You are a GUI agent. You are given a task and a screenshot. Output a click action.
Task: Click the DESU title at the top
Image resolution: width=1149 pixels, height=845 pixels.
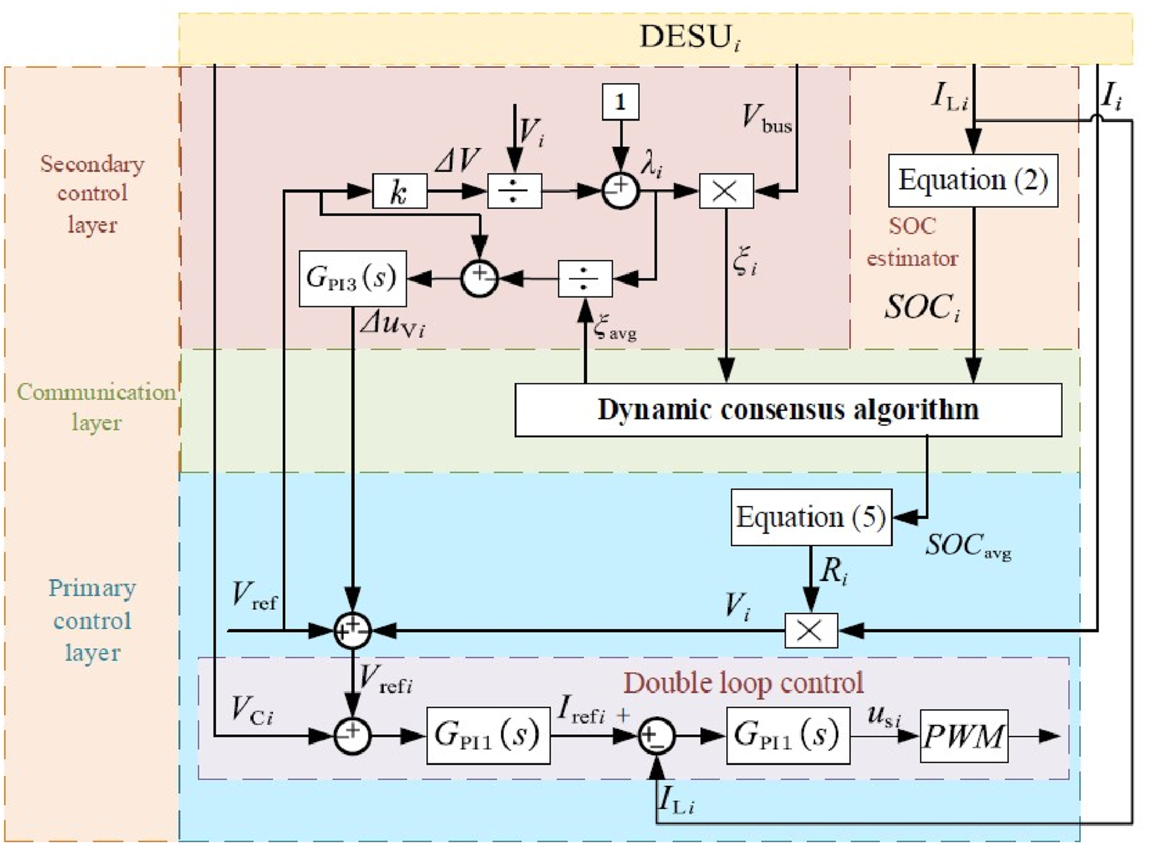point(689,37)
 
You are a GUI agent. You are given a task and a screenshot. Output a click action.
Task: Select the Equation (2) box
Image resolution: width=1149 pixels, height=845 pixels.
point(973,180)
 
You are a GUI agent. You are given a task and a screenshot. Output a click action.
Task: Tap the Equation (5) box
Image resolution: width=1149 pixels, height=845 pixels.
point(811,518)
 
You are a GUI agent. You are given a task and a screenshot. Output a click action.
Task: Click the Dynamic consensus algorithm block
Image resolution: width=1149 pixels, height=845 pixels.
point(788,410)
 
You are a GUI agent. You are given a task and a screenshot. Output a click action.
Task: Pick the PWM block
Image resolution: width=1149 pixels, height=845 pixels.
point(964,736)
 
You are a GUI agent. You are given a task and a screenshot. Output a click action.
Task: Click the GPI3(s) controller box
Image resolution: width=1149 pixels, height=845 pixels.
point(352,278)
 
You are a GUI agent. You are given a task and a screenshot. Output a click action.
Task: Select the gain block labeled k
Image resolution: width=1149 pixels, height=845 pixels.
point(399,191)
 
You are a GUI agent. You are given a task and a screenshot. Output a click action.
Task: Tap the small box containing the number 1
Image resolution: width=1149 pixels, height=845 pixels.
point(621,102)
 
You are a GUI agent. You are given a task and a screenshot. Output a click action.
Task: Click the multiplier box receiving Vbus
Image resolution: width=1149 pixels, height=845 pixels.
point(726,191)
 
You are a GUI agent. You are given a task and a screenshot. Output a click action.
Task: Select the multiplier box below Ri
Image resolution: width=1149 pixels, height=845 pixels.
point(811,630)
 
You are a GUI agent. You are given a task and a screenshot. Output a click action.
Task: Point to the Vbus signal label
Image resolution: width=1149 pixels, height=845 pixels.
point(766,119)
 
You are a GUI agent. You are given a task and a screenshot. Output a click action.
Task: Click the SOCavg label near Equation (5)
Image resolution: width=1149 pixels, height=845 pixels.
point(967,546)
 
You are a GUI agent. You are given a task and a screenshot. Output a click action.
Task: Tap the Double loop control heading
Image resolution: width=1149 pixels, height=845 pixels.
point(743,683)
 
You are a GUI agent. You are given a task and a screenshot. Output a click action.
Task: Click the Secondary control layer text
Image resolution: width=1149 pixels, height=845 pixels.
point(92,193)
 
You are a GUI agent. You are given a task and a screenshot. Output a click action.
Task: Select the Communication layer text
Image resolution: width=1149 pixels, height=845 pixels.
point(96,407)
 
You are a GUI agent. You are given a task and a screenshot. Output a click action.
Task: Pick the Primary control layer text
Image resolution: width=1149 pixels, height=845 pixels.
point(92,620)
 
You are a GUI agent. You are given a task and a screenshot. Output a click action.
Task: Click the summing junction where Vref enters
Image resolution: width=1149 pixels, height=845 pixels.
point(352,630)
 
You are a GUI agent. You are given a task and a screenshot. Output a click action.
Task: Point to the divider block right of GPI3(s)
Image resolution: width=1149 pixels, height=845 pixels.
point(585,279)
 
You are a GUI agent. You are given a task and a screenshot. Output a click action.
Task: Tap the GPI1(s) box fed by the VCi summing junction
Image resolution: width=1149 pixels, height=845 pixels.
point(488,735)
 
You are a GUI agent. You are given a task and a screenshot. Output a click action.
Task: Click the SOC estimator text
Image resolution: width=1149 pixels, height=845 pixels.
point(912,242)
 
